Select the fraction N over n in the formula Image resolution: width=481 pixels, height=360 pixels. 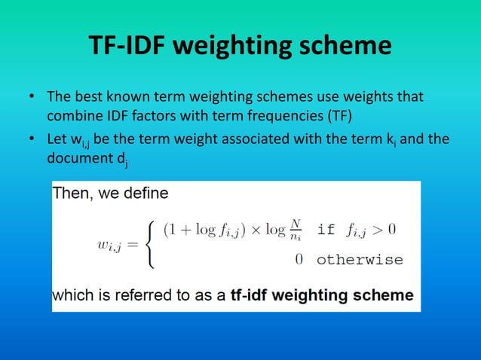click(296, 229)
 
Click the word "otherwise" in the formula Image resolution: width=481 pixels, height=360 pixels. click(359, 260)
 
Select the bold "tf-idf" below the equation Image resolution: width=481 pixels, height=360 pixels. click(252, 295)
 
